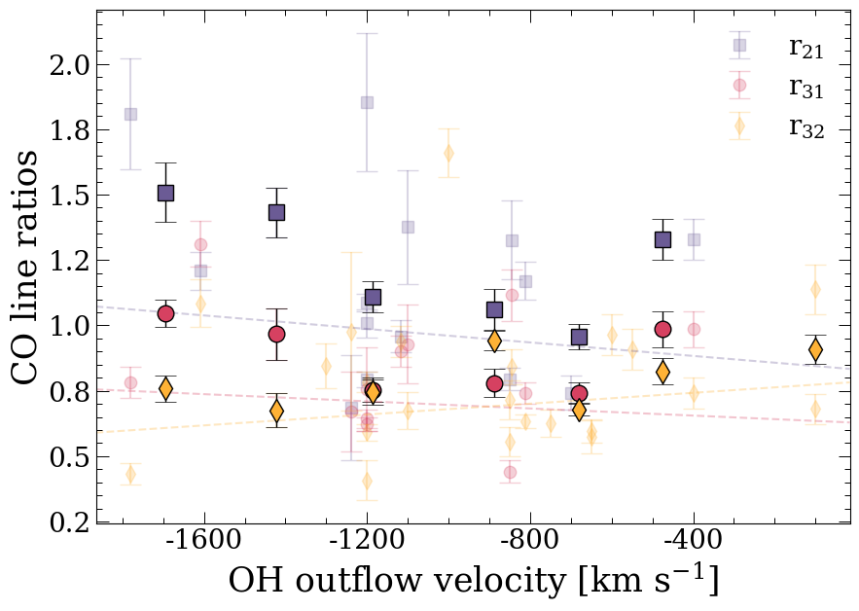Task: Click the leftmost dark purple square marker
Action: coord(165,193)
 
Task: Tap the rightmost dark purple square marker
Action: coord(663,239)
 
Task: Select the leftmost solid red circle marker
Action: coord(165,313)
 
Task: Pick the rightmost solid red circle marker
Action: coord(663,329)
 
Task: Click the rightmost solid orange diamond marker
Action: coord(815,350)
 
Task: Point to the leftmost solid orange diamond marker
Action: coord(165,388)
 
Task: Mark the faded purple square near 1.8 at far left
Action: coord(130,114)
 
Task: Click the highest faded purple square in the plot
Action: coord(367,102)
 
